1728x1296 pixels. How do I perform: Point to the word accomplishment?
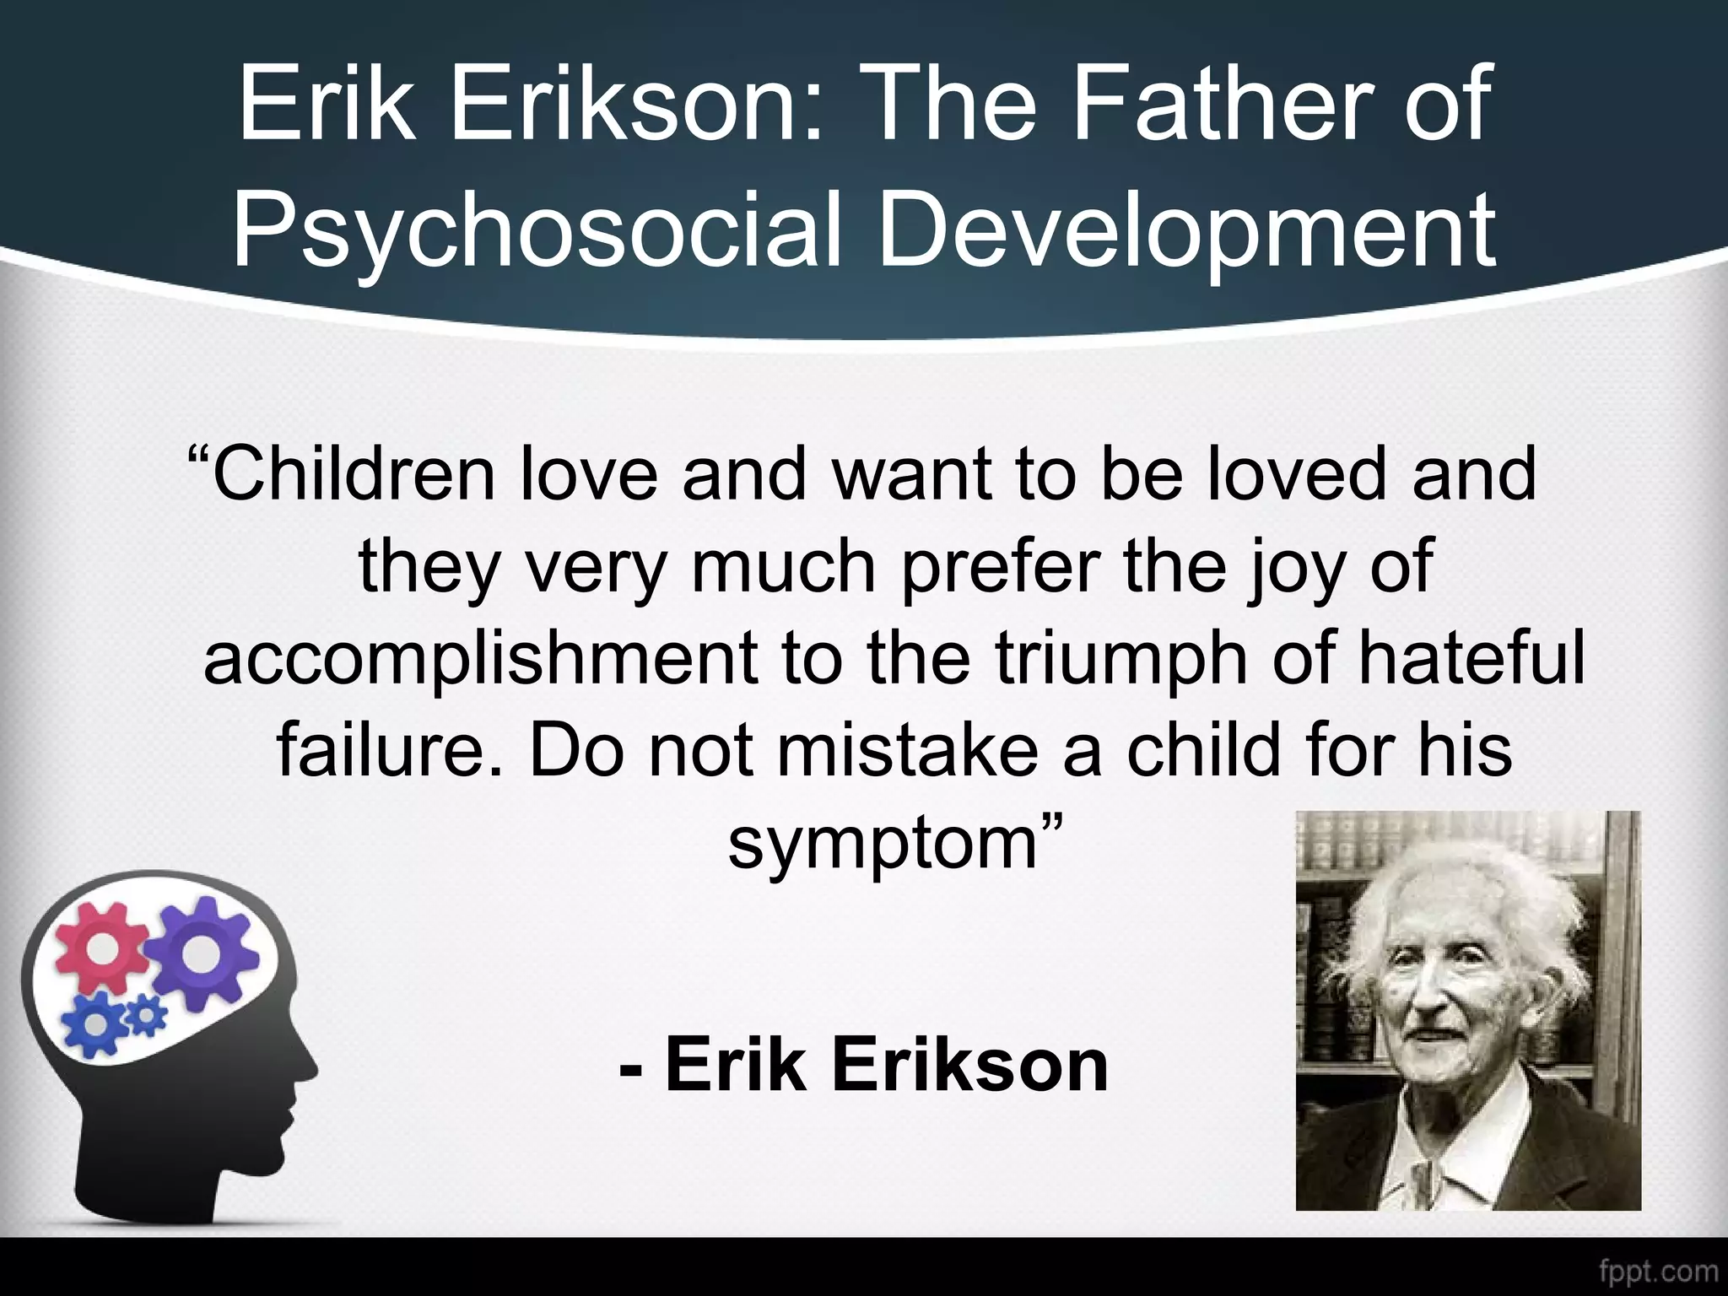click(480, 659)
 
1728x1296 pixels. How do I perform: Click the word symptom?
click(883, 844)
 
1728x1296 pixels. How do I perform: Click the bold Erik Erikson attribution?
click(864, 1065)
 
